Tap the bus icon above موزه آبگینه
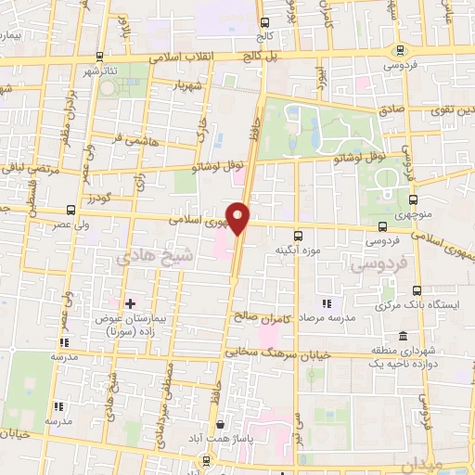[298, 237]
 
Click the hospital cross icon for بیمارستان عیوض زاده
[129, 303]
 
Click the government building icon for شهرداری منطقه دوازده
[402, 336]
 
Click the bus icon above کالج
[265, 22]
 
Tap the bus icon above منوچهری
[413, 199]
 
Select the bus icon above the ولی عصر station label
[72, 210]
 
